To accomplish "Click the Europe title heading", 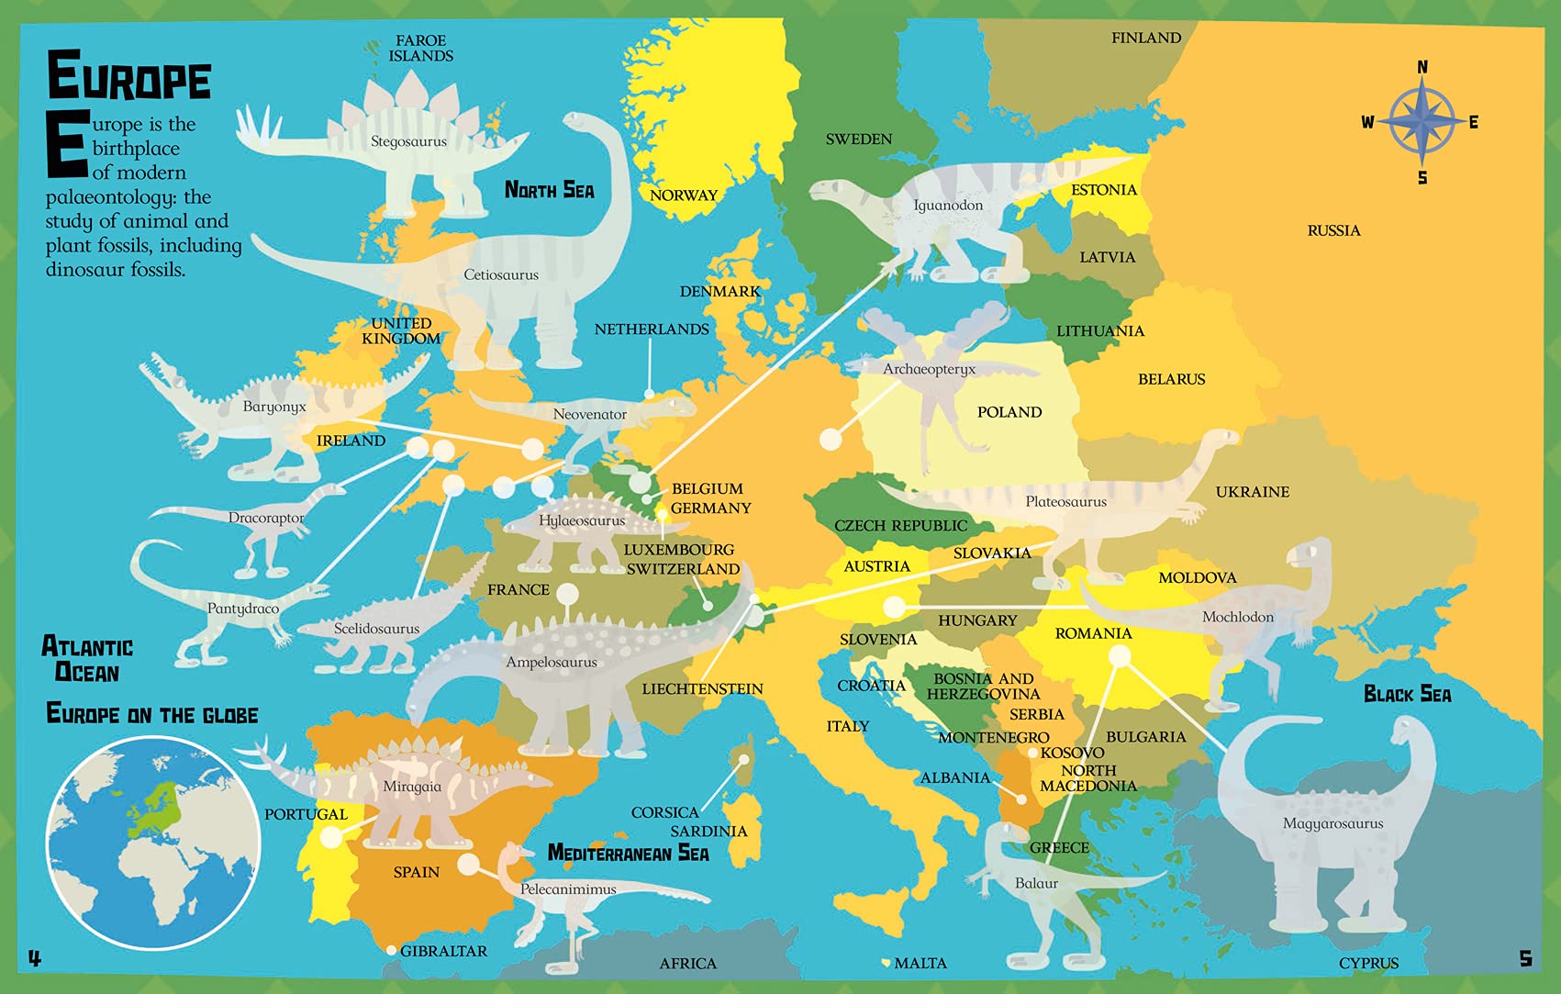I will tap(128, 77).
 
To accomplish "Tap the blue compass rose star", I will tap(1421, 121).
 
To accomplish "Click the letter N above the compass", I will tap(1422, 67).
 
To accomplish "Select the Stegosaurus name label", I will tap(408, 141).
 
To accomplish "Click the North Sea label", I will tap(549, 190).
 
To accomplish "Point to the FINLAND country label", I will tap(1146, 38).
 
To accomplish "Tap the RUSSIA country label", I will tap(1333, 230).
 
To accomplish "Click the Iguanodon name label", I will tap(948, 205).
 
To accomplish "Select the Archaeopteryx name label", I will tap(929, 369).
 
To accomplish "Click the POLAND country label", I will tap(1009, 412).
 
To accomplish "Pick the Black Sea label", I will tap(1407, 694).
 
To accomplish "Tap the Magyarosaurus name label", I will tap(1332, 823).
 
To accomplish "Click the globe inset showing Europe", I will tap(153, 843).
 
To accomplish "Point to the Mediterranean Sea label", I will tap(628, 853).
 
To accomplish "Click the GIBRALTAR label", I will tap(443, 951).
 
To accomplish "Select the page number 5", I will tap(1525, 958).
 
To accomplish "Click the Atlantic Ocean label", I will tap(87, 659).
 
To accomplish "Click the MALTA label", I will tap(920, 963).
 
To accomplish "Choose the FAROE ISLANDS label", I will tap(420, 48).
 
